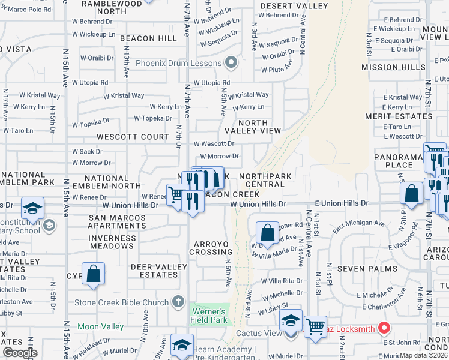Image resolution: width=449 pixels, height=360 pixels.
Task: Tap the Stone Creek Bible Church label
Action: coord(121,302)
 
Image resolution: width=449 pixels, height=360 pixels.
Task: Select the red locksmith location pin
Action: coord(384,328)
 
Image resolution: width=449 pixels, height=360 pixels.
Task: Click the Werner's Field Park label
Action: coord(208,316)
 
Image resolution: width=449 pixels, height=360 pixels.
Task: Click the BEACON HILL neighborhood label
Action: coord(148,38)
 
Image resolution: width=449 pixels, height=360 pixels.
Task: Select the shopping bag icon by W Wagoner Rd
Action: coord(267,233)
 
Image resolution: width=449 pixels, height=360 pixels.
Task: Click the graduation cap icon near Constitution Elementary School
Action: coord(32,208)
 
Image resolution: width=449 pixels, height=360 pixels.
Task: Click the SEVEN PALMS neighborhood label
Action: coord(359,269)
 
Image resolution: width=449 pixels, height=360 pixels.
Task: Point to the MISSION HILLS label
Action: coord(388,67)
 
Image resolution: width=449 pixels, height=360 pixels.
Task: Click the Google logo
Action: coord(20,352)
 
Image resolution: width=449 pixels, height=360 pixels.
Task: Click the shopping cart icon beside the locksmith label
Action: coord(315,326)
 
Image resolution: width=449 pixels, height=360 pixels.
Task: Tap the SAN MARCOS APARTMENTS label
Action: coord(117,221)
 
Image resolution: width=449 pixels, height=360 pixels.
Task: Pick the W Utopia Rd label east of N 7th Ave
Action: coord(211,83)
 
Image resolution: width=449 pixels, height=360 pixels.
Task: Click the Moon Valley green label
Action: coord(100,327)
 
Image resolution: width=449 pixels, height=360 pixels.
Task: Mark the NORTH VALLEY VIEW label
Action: coord(253,127)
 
